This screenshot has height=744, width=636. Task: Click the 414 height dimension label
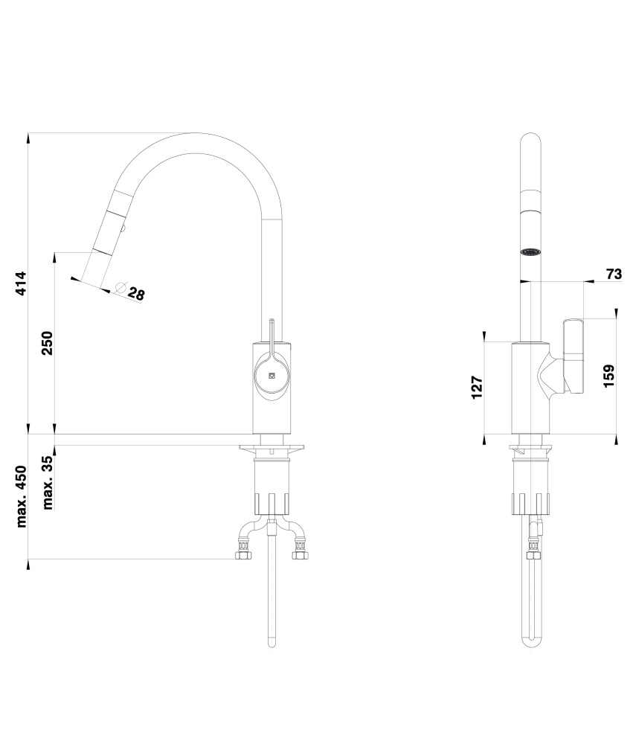click(x=21, y=283)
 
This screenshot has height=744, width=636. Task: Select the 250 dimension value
click(x=47, y=343)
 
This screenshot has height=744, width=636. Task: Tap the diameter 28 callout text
click(x=137, y=294)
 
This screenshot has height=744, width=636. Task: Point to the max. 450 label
click(x=22, y=496)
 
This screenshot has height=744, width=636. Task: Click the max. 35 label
click(x=48, y=481)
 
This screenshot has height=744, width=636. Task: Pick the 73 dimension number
click(x=614, y=274)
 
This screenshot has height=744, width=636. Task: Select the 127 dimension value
click(x=477, y=387)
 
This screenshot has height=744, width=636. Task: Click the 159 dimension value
click(x=609, y=376)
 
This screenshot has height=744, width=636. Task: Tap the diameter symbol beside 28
click(x=121, y=287)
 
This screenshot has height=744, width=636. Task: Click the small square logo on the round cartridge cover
click(x=272, y=375)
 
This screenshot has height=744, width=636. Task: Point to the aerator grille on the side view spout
click(x=530, y=252)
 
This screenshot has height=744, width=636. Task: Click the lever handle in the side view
click(x=573, y=356)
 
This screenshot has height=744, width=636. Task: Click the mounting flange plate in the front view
click(x=272, y=447)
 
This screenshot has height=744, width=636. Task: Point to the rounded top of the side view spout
click(x=530, y=138)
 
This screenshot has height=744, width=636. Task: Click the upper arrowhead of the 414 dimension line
click(x=28, y=137)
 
